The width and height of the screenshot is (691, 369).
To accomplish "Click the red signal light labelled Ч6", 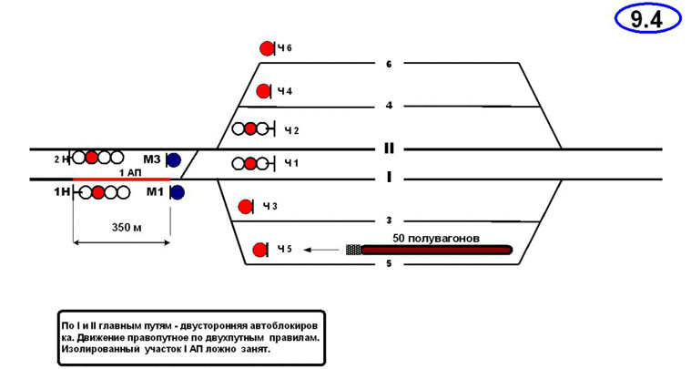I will coord(266,48).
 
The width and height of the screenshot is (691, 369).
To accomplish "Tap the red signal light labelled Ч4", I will coord(264,91).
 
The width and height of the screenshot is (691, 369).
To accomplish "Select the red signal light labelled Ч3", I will coord(244,207).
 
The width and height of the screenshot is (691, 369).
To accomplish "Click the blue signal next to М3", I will coord(173,160).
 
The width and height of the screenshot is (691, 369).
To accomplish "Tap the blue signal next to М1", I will coord(177,192).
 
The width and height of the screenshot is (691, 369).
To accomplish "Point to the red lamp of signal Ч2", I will coord(250,129).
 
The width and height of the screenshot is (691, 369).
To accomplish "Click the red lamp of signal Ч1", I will coord(250,164).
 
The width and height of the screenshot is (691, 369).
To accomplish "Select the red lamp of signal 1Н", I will coord(97,192).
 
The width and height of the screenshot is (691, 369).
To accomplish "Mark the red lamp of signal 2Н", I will coord(91,157).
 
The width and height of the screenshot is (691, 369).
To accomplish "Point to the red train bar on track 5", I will coord(438,249).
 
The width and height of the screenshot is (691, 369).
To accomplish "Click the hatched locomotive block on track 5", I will coord(354,249).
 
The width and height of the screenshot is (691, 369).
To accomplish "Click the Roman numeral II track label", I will coord(389,149).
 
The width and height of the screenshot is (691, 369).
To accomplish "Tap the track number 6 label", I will coord(389,65).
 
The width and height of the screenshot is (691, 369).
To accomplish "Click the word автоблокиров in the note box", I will coord(281,324).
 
